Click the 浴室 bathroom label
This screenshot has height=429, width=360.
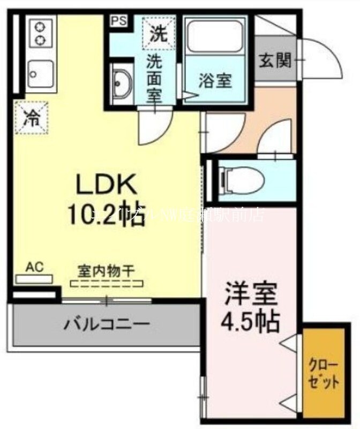[215, 81]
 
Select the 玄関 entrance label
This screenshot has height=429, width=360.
[275, 60]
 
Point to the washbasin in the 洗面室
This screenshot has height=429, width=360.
[122, 83]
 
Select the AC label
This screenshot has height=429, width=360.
[33, 267]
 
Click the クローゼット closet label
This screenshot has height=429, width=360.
[323, 375]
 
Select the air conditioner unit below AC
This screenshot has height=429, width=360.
[34, 278]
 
